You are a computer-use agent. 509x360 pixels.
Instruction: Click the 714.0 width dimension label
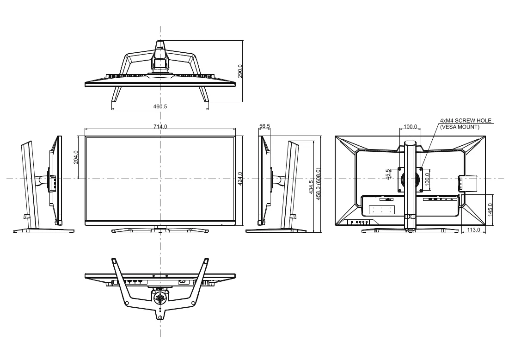click(x=160, y=126)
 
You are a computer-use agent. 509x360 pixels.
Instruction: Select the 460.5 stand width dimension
click(x=160, y=106)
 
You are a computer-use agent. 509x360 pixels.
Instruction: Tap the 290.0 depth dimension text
click(x=240, y=71)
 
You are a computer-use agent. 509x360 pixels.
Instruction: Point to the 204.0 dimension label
click(x=76, y=157)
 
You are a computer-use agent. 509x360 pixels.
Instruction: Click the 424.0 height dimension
click(x=240, y=179)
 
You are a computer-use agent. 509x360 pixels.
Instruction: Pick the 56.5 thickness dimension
click(x=264, y=126)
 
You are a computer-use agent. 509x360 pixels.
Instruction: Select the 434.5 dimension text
click(x=311, y=187)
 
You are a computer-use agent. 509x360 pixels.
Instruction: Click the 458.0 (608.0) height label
click(x=318, y=184)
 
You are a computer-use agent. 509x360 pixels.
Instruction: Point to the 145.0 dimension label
click(x=490, y=210)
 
